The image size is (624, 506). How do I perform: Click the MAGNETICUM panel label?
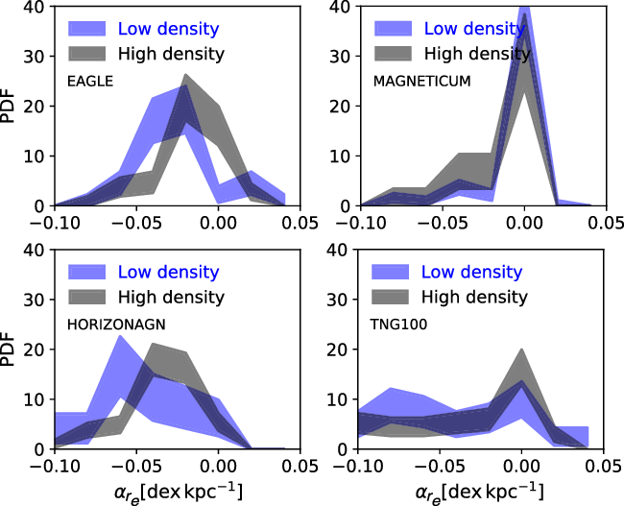pos(420,81)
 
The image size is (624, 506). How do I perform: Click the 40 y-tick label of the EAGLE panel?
pos(36,7)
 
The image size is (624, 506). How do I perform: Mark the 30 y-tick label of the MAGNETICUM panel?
pos(339,56)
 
